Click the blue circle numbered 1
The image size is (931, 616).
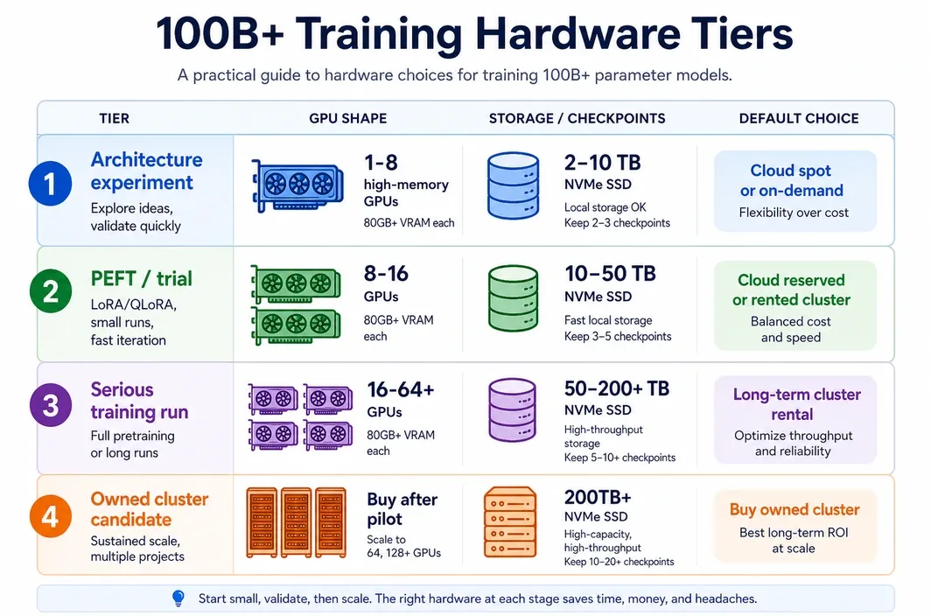click(51, 184)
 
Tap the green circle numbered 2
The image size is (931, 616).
click(51, 291)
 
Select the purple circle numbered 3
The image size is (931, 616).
click(51, 405)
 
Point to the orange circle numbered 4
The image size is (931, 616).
click(51, 516)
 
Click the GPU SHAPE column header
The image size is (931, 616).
click(348, 118)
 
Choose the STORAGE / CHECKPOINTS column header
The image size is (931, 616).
click(577, 118)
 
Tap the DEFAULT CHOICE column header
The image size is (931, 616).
click(799, 118)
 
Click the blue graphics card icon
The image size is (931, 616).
click(297, 185)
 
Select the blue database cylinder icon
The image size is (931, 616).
click(514, 185)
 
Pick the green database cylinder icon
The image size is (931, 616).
click(514, 297)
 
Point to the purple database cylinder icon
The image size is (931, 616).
click(513, 409)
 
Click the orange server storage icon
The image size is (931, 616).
click(511, 521)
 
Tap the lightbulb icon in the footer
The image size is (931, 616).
click(178, 598)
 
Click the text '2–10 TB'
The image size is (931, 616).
click(602, 162)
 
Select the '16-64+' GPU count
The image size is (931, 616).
click(401, 389)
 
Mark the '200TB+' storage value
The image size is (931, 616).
click(598, 497)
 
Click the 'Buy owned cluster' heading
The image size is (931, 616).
click(794, 509)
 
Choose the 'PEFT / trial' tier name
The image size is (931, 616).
click(142, 278)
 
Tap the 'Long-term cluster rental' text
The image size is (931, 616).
click(796, 404)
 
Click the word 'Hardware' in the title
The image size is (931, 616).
click(577, 33)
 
